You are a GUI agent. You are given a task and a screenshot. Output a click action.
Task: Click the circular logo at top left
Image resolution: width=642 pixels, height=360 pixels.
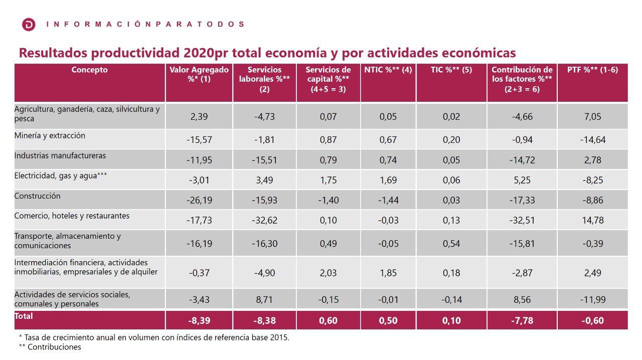(29, 24)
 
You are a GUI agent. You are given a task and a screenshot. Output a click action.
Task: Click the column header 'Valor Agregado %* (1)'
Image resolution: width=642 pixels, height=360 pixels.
(199, 75)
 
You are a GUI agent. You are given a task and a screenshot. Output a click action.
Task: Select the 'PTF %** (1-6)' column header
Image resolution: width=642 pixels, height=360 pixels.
(592, 70)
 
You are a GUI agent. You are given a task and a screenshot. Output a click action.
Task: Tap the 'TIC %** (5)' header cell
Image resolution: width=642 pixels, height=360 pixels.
(451, 70)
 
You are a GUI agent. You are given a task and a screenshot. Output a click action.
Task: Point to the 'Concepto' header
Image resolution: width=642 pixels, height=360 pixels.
(90, 70)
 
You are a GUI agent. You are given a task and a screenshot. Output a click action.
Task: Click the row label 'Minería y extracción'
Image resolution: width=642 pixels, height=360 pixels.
(50, 136)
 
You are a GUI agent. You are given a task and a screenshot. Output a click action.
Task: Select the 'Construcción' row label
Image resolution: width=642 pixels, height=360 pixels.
(37, 196)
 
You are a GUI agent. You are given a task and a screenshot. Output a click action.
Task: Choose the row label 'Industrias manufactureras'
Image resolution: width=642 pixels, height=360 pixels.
(60, 156)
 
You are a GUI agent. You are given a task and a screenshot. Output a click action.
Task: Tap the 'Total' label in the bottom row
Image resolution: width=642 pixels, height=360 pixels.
(24, 316)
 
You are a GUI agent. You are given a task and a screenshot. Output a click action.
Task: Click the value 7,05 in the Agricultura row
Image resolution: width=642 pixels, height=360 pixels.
(592, 117)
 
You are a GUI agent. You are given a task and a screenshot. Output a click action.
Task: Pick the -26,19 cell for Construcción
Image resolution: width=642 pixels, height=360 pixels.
(199, 200)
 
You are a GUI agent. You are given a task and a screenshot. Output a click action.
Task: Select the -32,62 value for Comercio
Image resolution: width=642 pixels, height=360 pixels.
(264, 220)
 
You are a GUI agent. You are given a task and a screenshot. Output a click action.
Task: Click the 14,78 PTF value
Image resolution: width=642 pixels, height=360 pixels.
(592, 220)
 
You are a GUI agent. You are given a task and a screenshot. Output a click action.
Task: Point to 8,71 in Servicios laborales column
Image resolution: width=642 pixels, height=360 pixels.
(264, 300)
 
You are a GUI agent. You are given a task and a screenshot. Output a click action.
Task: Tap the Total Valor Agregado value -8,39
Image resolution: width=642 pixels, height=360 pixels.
(199, 320)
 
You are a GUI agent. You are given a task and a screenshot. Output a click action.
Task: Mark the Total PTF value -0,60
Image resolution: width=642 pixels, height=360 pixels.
(592, 320)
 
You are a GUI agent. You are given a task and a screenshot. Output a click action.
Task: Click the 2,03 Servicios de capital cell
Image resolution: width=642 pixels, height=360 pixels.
(329, 273)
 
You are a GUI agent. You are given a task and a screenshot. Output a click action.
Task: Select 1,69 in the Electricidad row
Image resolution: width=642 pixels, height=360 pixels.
(388, 180)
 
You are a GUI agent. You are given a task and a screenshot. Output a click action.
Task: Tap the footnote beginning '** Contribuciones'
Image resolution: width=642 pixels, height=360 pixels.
(50, 347)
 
